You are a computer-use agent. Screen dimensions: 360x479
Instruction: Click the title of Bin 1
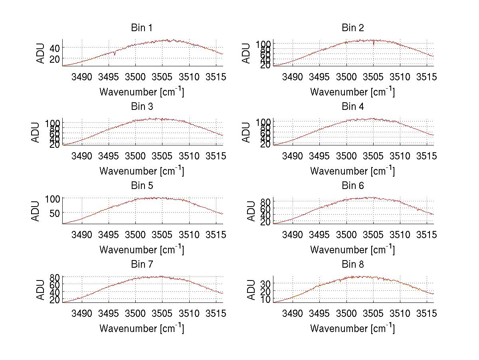(142, 28)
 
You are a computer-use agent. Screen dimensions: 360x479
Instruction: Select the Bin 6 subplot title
(353, 186)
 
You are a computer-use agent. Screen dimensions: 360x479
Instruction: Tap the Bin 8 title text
(353, 265)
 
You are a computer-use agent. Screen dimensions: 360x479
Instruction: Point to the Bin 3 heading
(142, 107)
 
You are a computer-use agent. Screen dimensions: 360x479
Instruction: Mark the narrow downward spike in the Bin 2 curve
(374, 44)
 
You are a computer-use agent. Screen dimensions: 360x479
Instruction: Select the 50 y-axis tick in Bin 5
(54, 213)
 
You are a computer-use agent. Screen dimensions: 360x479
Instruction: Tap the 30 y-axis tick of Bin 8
(265, 284)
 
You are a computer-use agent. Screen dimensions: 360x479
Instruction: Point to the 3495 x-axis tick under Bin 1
(109, 77)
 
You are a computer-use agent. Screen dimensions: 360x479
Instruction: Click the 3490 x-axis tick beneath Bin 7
(82, 314)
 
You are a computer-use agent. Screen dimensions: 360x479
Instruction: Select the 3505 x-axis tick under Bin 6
(373, 235)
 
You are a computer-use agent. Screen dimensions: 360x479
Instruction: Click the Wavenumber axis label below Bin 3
(142, 171)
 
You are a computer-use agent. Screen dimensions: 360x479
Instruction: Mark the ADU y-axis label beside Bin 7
(36, 290)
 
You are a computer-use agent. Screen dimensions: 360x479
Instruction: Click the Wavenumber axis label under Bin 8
(352, 328)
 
